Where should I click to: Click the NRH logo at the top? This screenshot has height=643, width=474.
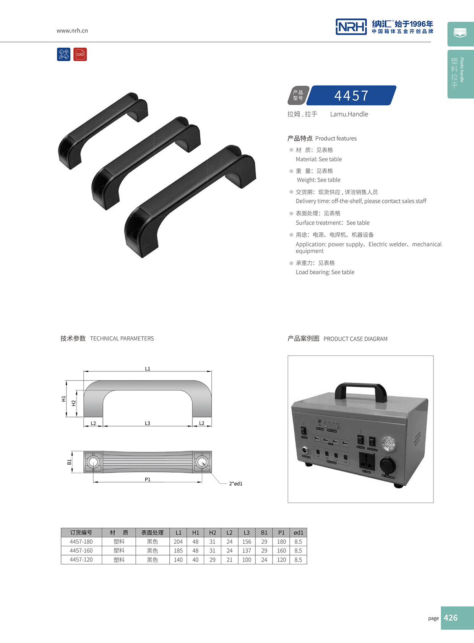click(x=351, y=27)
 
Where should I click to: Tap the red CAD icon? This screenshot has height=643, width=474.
click(x=80, y=54)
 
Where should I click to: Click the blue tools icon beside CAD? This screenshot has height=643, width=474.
click(x=64, y=54)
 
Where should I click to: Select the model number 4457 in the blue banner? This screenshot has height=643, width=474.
click(x=351, y=96)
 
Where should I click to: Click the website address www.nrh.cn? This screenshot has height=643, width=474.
click(x=72, y=31)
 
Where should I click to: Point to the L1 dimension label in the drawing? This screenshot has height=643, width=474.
click(x=148, y=369)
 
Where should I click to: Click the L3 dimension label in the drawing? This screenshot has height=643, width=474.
click(x=148, y=423)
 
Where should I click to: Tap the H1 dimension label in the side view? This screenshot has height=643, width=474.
click(x=64, y=398)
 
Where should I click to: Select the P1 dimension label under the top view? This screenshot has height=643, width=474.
click(x=148, y=479)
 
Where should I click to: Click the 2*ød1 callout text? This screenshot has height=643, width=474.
click(x=235, y=484)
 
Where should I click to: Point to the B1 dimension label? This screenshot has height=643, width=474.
click(x=69, y=462)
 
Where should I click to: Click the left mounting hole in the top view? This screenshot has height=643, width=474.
click(x=93, y=462)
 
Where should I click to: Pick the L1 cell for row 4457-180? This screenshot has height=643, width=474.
click(x=178, y=542)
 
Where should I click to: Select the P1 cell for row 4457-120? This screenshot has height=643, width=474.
click(x=281, y=560)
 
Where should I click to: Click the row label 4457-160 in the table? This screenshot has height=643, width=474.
click(x=81, y=551)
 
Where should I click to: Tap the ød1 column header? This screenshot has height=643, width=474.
click(x=298, y=533)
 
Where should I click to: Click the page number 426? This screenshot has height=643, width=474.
click(x=451, y=618)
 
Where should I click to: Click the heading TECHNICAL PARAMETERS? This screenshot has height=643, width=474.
click(x=122, y=339)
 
